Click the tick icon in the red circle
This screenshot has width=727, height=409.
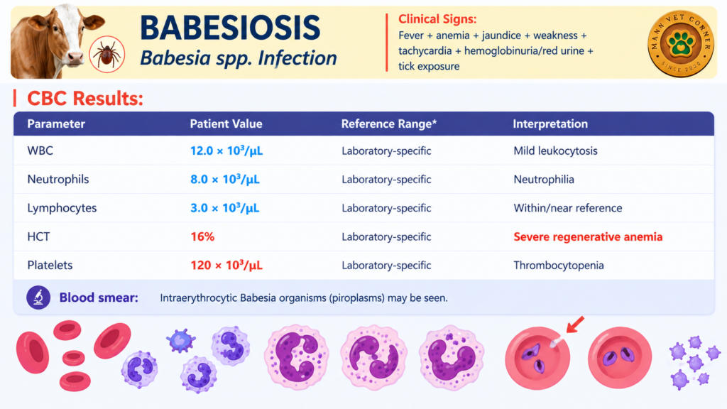(107, 54)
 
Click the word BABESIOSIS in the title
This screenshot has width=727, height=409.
(230, 28)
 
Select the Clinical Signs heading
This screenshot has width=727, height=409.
(437, 19)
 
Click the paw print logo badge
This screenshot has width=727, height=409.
(680, 43)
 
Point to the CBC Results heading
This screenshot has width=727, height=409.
(85, 98)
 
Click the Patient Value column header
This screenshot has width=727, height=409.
(226, 124)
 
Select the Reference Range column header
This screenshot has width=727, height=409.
(388, 124)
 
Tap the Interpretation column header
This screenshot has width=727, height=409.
(550, 124)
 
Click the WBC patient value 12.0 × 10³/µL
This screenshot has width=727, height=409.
(226, 151)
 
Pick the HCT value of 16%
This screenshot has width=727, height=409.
(202, 237)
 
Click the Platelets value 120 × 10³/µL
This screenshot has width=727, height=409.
(226, 266)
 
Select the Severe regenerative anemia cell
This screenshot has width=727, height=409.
(588, 237)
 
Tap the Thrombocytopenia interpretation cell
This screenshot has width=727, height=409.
(558, 266)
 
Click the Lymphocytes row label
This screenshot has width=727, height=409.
(62, 208)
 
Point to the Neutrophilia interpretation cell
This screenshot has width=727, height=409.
(543, 180)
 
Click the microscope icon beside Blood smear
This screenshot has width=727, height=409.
(38, 298)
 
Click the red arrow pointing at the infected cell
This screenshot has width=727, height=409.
(575, 325)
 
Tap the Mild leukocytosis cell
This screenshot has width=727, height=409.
(555, 151)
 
